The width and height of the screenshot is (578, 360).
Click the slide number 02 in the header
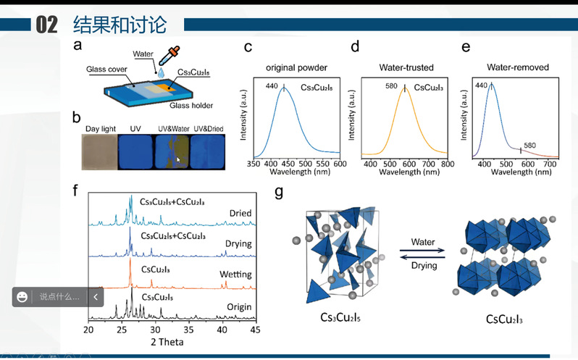coord(46,25)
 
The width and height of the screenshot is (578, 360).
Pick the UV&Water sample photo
coord(174,151)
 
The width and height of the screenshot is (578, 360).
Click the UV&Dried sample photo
coord(206,151)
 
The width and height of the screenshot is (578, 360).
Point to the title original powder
coord(296,67)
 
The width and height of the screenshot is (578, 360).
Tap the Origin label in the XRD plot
coord(238,307)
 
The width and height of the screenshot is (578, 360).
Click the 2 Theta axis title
coord(167,341)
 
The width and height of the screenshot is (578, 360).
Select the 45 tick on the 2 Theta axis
coord(255,330)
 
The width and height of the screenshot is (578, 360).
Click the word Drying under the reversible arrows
coord(424,266)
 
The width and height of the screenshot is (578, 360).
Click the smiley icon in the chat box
coord(22,297)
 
